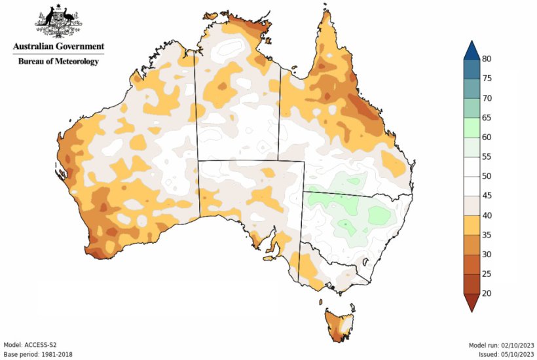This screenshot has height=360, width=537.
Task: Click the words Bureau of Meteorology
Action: pos(58,62)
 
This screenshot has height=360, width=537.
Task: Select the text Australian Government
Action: pos(58,47)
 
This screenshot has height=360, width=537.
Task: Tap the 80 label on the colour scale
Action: pos(487,59)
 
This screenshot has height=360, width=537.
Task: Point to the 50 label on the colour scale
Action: pos(487,176)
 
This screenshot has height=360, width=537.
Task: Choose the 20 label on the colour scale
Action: pos(487,293)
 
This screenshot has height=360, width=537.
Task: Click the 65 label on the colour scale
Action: pos(487,118)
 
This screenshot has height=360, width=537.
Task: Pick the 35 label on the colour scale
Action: pos(487,235)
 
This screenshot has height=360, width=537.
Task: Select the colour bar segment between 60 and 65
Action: pos(471,128)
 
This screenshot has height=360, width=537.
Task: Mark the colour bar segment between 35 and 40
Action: pos(471,225)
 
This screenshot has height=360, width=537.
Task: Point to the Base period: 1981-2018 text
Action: pos(38,353)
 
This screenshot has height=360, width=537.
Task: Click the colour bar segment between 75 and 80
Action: pos(471,69)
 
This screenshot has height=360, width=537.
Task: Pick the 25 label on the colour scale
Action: pos(487,274)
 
